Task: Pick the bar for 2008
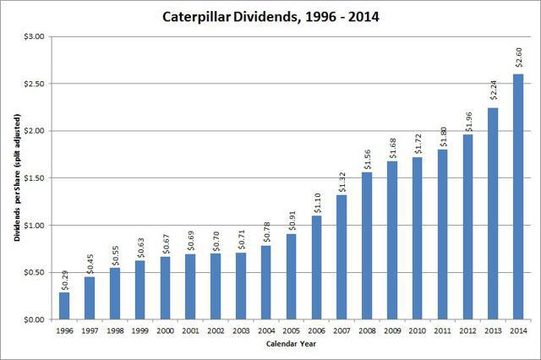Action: tap(367, 246)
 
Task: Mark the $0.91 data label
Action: tap(291, 221)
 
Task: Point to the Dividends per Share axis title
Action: tap(16, 178)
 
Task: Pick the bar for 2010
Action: tap(416, 238)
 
